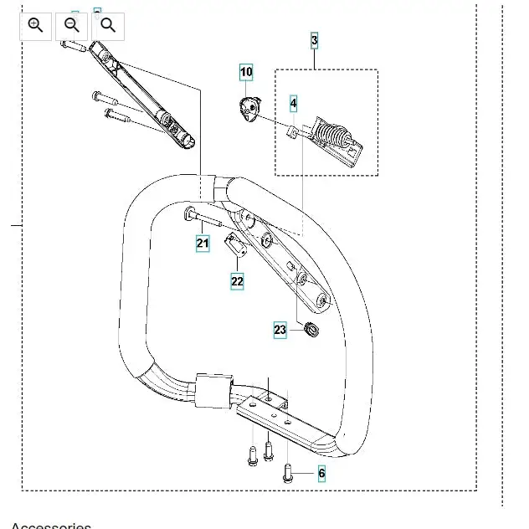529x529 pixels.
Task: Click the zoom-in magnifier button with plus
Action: tap(35, 26)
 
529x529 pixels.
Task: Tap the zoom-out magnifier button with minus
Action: tap(72, 26)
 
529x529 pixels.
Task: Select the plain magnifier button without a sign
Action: tap(108, 26)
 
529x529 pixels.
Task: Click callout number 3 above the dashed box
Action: tap(315, 40)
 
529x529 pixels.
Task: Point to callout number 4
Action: tap(293, 104)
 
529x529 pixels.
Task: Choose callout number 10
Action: tap(246, 72)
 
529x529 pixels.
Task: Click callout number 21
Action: tap(203, 244)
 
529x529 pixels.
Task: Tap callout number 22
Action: tap(237, 281)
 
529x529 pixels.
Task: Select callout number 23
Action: tap(280, 330)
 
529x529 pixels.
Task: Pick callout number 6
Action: tap(321, 474)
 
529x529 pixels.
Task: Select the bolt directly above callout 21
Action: tap(202, 218)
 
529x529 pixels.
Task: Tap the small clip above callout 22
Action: tap(235, 245)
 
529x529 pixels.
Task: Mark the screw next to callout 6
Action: tap(288, 473)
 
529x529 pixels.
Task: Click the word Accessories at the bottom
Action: tap(51, 526)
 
